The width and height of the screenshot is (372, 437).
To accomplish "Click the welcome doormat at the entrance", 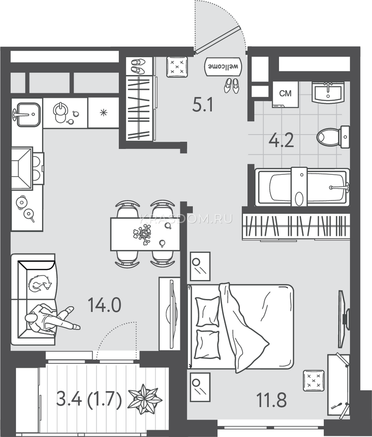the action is click(223, 67).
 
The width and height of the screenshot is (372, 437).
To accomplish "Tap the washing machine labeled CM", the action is click(286, 95).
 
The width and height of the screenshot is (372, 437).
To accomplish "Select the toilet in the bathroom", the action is click(333, 137).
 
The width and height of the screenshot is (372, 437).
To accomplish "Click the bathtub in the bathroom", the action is click(302, 187).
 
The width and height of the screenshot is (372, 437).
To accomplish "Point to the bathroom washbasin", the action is click(328, 92).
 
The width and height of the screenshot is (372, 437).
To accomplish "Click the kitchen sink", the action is click(28, 114).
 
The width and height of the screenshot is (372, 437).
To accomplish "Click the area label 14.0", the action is click(105, 305).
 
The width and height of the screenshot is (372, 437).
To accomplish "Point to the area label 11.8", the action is click(271, 400).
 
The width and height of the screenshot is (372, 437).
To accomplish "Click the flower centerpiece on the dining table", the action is click(142, 235).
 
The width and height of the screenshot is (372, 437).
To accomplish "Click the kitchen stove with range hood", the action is click(27, 169).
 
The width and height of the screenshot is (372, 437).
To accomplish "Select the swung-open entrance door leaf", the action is click(218, 40).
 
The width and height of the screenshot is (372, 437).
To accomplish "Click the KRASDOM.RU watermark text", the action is click(186, 219).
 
